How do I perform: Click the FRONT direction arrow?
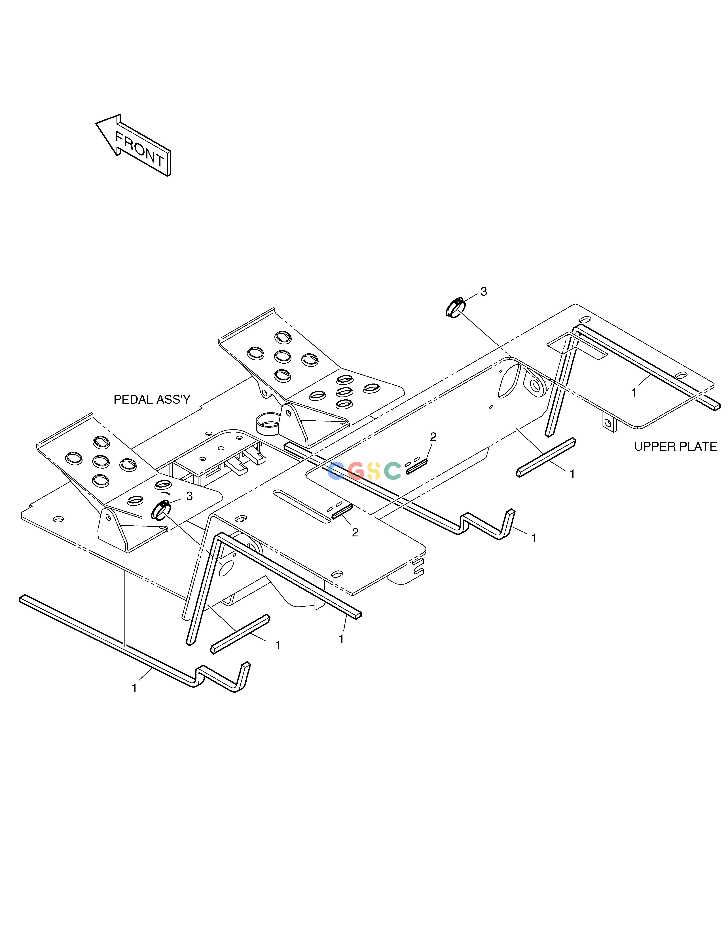(x=133, y=145)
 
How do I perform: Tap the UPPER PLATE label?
(x=675, y=446)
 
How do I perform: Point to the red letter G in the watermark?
(x=356, y=471)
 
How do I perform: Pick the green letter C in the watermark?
(x=392, y=471)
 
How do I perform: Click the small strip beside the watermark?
(x=416, y=467)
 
